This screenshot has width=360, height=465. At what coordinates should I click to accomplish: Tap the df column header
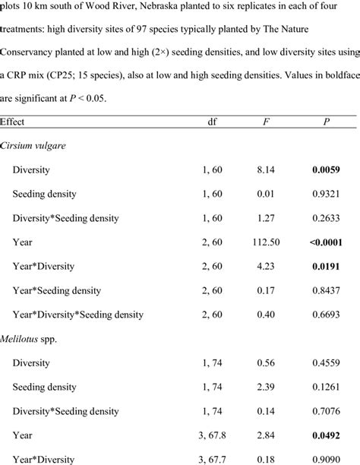pos(213,122)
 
